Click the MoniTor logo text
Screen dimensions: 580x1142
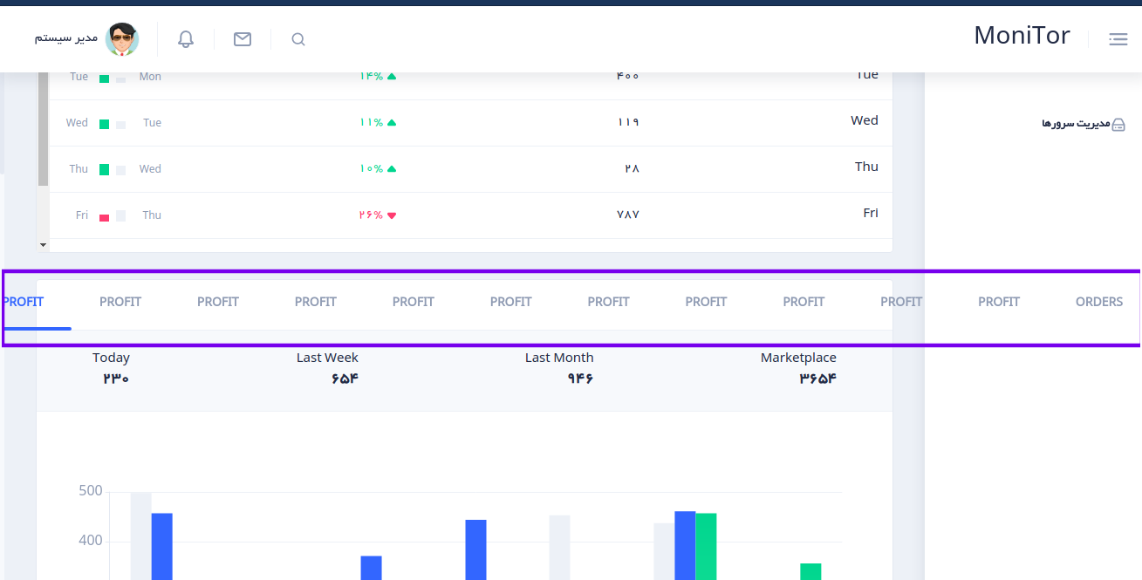pos(1022,36)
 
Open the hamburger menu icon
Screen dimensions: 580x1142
pos(1118,39)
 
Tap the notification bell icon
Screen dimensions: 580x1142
pos(186,39)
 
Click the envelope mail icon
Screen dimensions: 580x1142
pos(243,39)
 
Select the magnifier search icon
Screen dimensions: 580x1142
pos(298,39)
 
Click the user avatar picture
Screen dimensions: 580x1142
pos(122,39)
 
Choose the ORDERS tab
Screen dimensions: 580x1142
pos(1098,302)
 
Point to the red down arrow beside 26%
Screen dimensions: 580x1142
pos(392,215)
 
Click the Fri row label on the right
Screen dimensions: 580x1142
pos(870,213)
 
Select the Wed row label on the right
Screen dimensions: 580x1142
pos(864,120)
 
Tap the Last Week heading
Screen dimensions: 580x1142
pos(327,358)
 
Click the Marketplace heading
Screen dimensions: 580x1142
pos(798,358)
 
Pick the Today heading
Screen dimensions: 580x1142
pos(111,358)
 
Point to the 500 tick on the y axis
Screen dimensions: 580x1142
pos(91,491)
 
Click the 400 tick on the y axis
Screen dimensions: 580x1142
pos(91,541)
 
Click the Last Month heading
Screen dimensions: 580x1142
pos(559,358)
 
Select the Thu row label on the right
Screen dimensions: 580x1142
pos(866,167)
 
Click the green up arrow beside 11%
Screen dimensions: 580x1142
pos(392,123)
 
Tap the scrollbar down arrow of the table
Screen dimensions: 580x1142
pos(43,245)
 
